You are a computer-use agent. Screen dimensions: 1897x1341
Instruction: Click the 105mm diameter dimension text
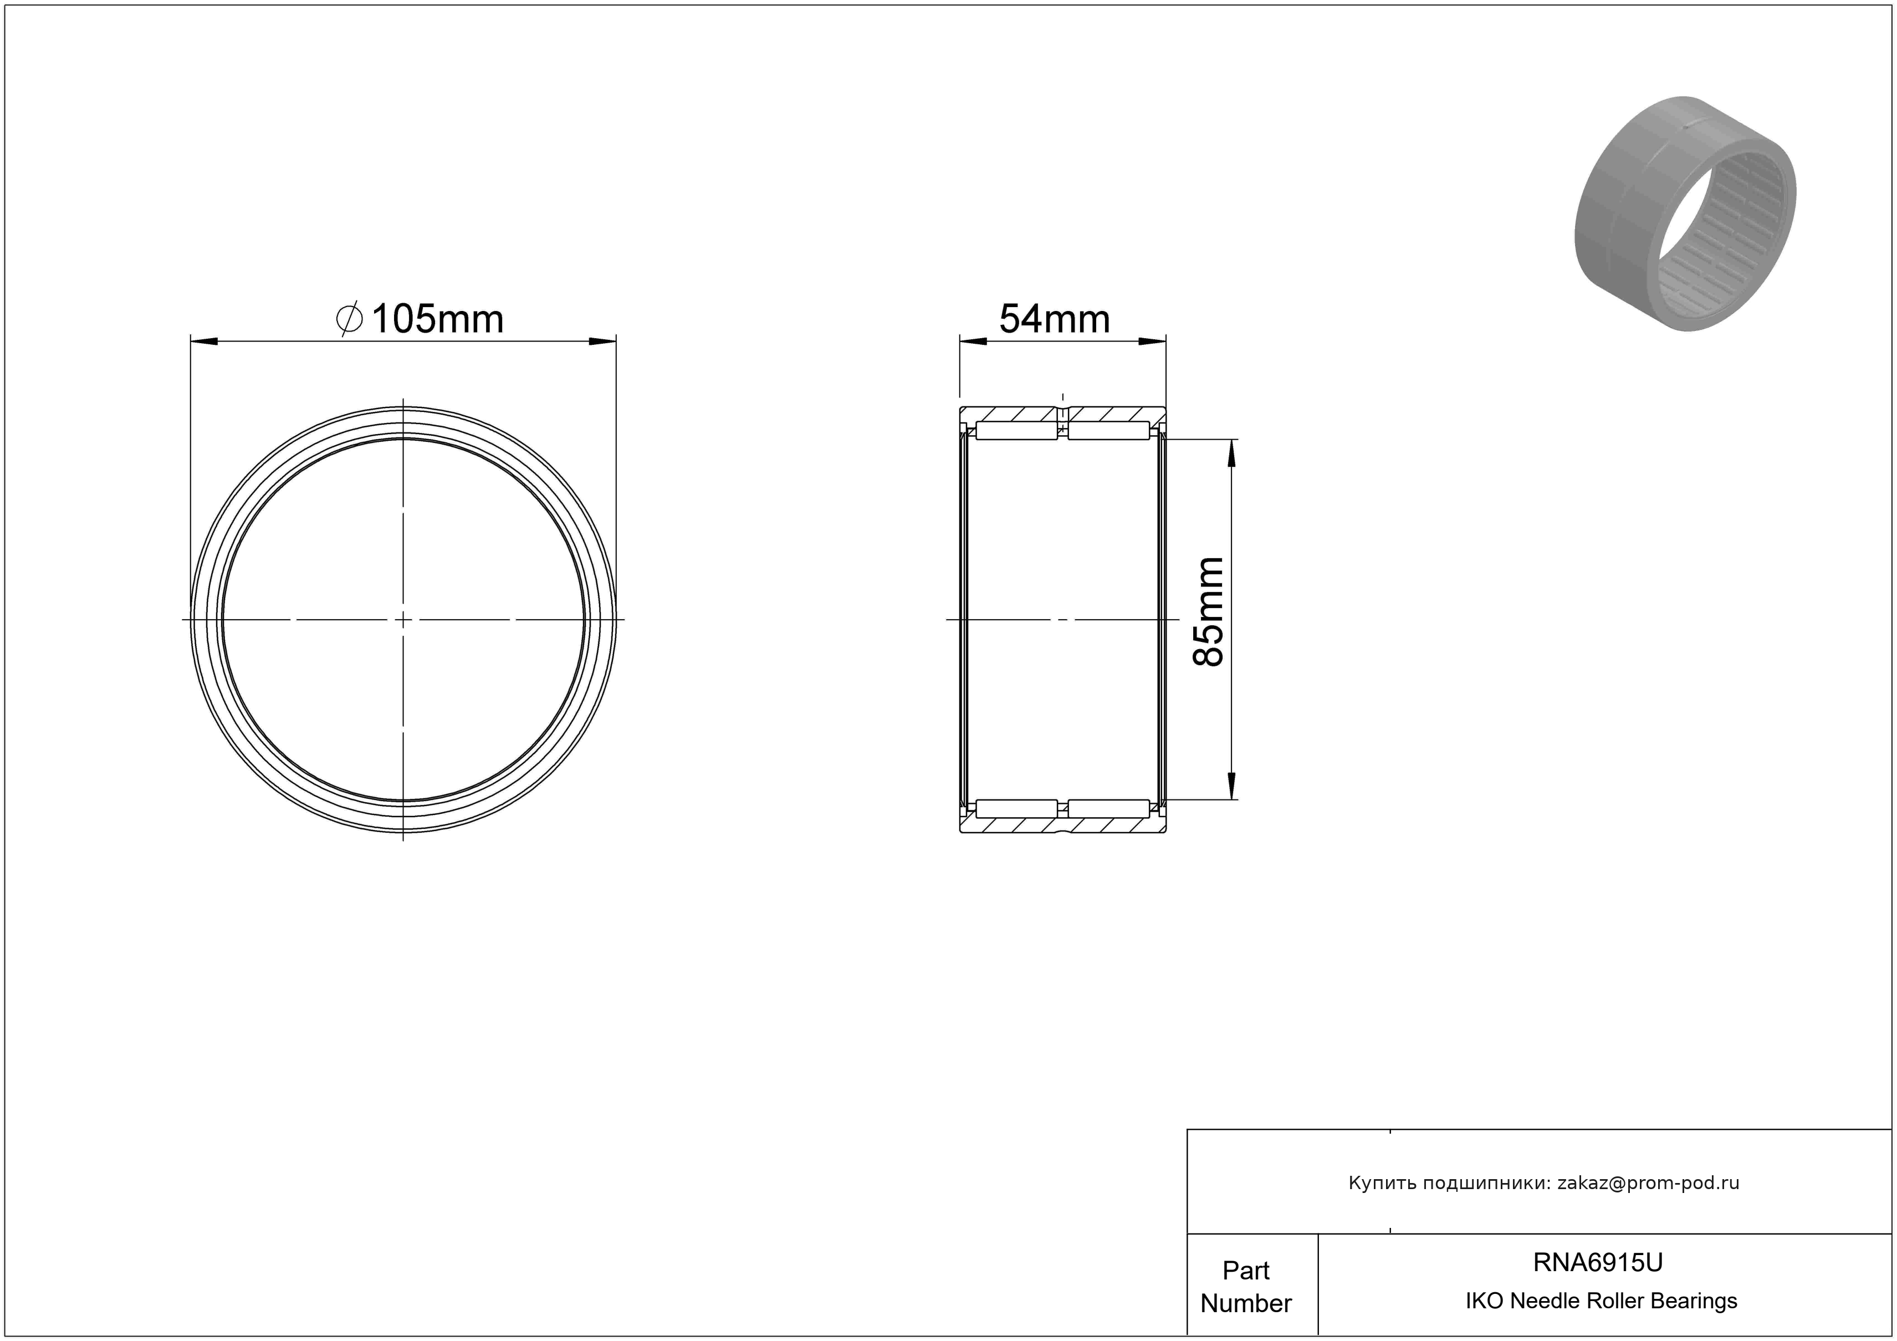click(437, 319)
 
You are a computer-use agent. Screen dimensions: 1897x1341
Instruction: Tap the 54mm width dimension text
click(1054, 319)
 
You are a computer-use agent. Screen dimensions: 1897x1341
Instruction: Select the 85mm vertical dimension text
click(1208, 611)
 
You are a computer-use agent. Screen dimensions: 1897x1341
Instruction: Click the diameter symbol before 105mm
click(350, 319)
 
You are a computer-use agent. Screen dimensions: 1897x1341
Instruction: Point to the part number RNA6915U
click(1598, 1262)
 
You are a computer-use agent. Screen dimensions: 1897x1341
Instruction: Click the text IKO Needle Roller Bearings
click(1601, 1301)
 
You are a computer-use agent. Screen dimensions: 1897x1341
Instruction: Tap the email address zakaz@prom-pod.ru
click(1648, 1183)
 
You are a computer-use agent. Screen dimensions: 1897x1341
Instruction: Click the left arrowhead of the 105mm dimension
click(203, 340)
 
